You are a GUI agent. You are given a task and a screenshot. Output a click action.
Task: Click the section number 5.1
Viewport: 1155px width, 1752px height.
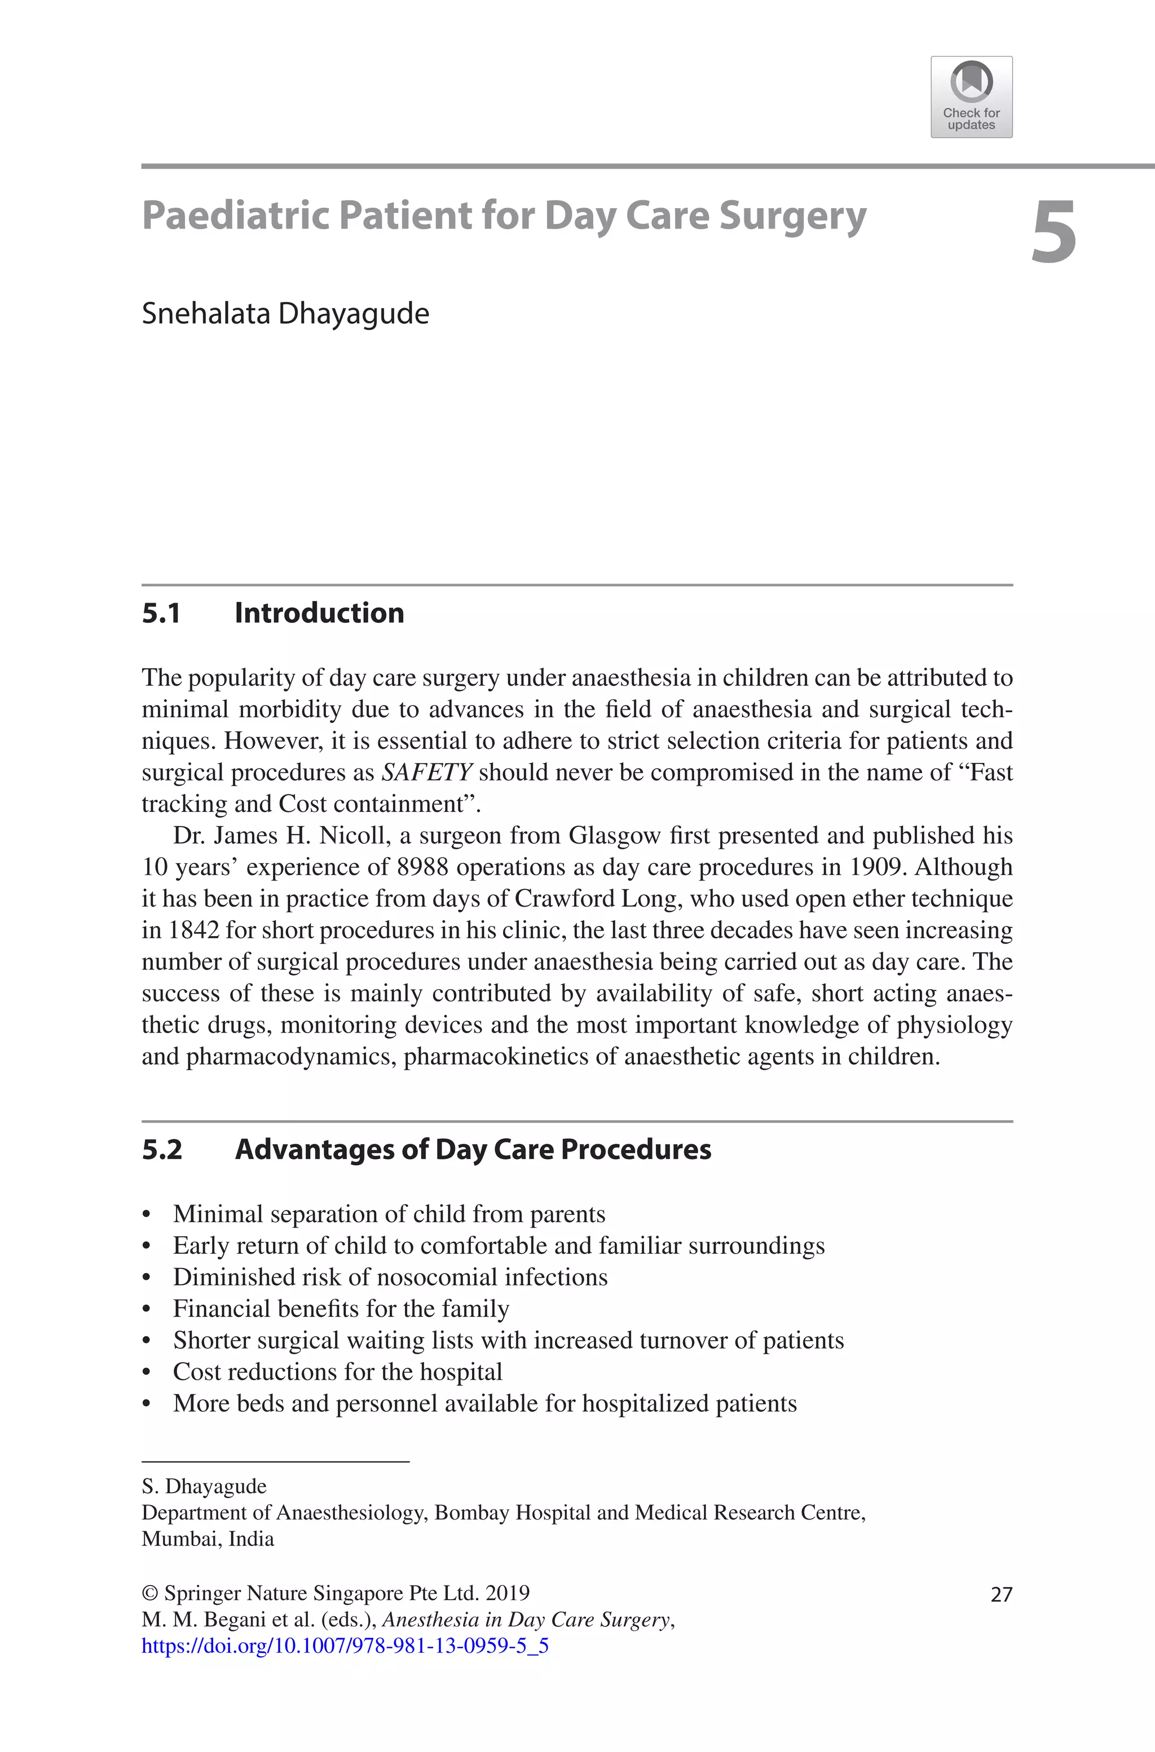[x=161, y=613]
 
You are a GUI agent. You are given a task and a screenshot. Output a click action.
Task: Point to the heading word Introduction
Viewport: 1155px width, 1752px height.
[x=319, y=613]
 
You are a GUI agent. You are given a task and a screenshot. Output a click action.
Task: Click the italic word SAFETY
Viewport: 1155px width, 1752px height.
[x=426, y=772]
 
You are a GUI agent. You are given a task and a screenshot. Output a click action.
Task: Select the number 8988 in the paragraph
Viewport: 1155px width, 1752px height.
[x=422, y=867]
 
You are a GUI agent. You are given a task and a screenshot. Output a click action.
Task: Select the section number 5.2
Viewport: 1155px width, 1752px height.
[x=161, y=1149]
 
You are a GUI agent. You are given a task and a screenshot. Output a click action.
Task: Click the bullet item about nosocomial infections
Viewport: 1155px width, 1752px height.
[x=390, y=1277]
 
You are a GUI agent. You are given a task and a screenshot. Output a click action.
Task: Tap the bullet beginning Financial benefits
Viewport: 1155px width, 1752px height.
[x=340, y=1308]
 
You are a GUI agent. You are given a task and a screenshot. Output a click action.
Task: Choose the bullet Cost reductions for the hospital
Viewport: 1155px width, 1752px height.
[x=337, y=1372]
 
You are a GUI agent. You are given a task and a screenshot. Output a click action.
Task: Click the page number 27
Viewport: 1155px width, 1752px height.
[x=1001, y=1595]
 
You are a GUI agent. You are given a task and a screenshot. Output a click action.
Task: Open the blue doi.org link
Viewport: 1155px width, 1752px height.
[x=345, y=1646]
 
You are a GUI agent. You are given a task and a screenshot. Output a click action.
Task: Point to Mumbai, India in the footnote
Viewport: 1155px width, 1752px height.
[x=208, y=1539]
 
